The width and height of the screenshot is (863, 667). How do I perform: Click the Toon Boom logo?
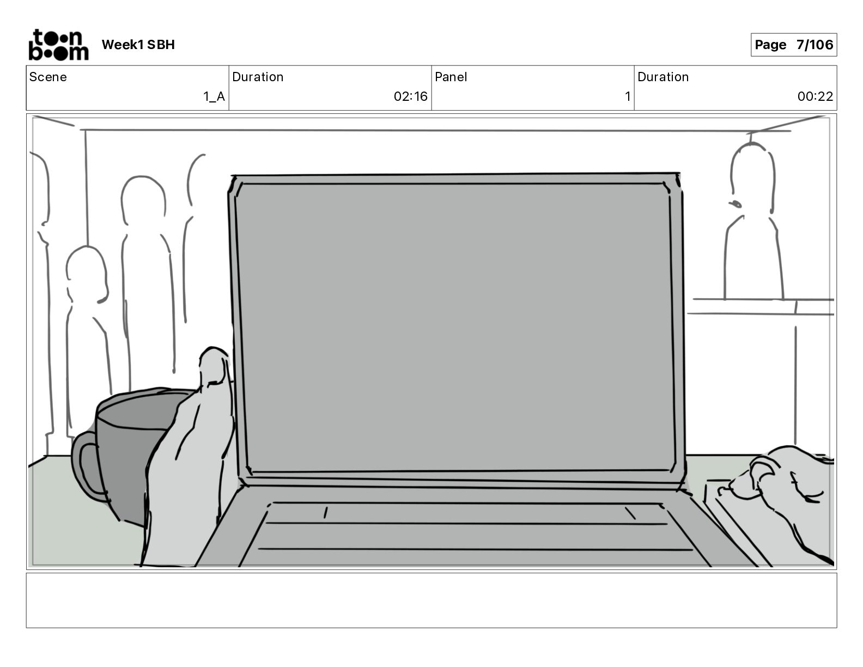pyautogui.click(x=58, y=45)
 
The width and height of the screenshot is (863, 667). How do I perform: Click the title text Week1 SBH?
pyautogui.click(x=138, y=45)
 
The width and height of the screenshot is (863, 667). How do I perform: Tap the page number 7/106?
pyautogui.click(x=815, y=45)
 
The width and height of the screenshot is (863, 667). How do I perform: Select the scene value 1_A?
pyautogui.click(x=214, y=96)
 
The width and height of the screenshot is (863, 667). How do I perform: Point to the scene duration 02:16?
pyautogui.click(x=410, y=96)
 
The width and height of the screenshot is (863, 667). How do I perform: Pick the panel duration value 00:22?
pyautogui.click(x=815, y=96)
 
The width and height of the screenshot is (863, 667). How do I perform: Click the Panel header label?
pyautogui.click(x=451, y=77)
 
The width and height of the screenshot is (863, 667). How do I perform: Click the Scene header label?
pyautogui.click(x=48, y=77)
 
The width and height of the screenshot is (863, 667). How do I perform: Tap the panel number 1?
pyautogui.click(x=627, y=96)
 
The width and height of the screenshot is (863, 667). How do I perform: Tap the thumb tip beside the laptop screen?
pyautogui.click(x=214, y=362)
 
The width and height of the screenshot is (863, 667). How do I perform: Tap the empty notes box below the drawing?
pyautogui.click(x=431, y=600)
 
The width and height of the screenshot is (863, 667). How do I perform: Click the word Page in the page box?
pyautogui.click(x=770, y=45)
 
